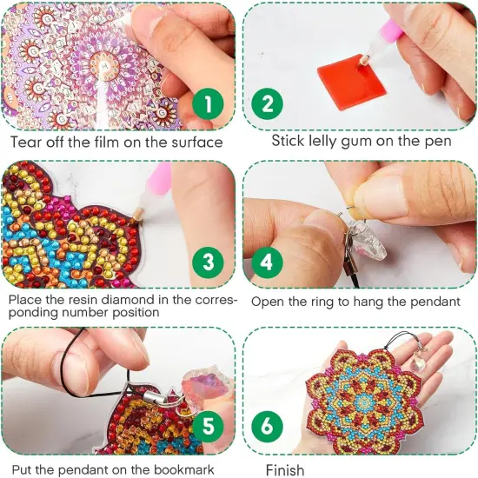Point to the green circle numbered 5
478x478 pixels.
(206, 426)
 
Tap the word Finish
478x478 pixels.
(285, 470)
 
